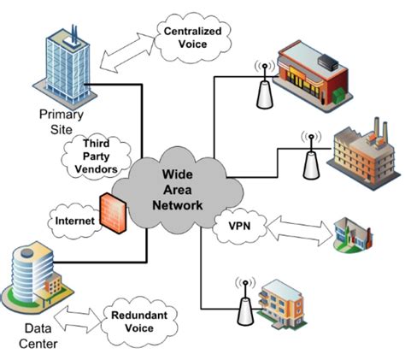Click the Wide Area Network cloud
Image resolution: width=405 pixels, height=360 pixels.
click(x=183, y=190)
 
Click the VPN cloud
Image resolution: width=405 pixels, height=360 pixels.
click(x=240, y=228)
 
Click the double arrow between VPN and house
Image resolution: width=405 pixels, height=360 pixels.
click(x=299, y=231)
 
